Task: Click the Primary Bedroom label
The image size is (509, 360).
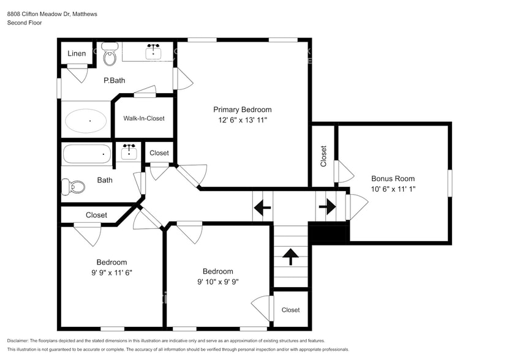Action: (x=242, y=110)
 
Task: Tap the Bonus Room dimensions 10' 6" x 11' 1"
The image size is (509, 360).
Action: (x=393, y=189)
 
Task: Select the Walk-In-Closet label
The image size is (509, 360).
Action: (x=144, y=118)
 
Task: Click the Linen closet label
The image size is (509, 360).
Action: (x=77, y=54)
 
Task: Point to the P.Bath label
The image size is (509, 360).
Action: (x=114, y=80)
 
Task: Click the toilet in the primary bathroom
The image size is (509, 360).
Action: (x=110, y=55)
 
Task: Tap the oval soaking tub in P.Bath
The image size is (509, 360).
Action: (x=86, y=121)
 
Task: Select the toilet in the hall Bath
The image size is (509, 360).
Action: (x=73, y=186)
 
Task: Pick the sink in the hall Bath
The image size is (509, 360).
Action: (x=129, y=152)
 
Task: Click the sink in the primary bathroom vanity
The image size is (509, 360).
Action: (x=153, y=53)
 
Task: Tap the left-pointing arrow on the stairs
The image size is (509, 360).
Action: (x=262, y=208)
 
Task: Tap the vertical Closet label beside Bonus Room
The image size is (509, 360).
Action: (x=323, y=156)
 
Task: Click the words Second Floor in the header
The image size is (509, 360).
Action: (x=24, y=23)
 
